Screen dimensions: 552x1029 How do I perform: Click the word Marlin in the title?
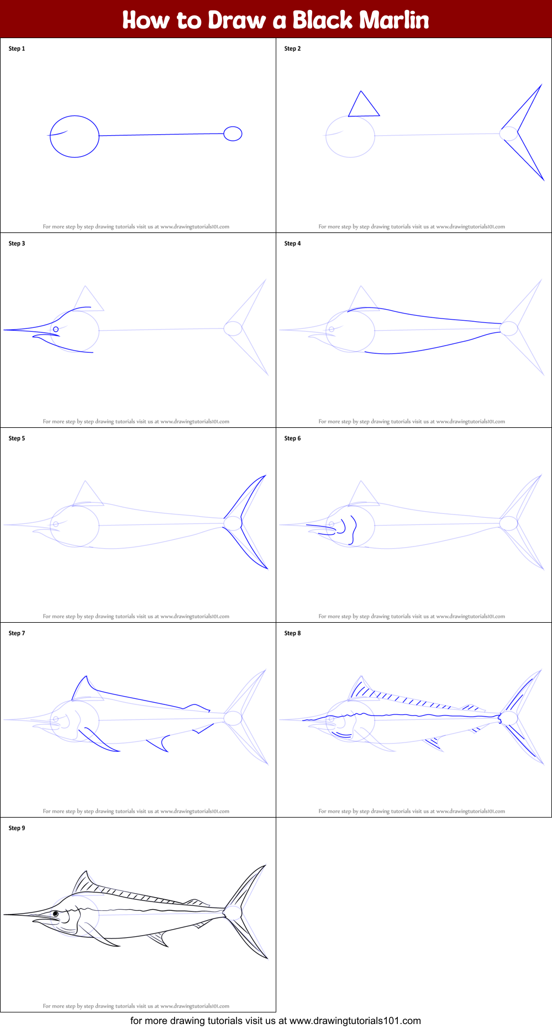click(x=394, y=20)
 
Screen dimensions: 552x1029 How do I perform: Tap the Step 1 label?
click(x=17, y=49)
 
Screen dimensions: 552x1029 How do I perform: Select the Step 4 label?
click(x=292, y=243)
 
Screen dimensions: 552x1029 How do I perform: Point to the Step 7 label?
click(x=17, y=633)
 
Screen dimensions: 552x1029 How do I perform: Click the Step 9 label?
click(x=17, y=828)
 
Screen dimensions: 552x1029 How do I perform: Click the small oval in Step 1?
click(x=233, y=134)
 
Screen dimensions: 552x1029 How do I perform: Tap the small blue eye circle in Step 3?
click(x=56, y=330)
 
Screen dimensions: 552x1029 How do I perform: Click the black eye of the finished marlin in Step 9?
click(x=56, y=914)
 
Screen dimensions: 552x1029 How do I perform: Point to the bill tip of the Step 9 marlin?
click(x=4, y=915)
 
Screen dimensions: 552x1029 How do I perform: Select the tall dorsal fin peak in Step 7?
click(x=86, y=676)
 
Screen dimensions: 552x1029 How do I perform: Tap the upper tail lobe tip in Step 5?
click(x=266, y=475)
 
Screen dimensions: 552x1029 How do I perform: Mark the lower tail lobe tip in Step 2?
click(x=544, y=180)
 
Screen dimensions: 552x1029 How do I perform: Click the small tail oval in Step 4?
click(x=508, y=328)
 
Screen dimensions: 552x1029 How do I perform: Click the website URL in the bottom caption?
click(x=355, y=1021)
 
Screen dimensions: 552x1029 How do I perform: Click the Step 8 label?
click(x=292, y=633)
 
